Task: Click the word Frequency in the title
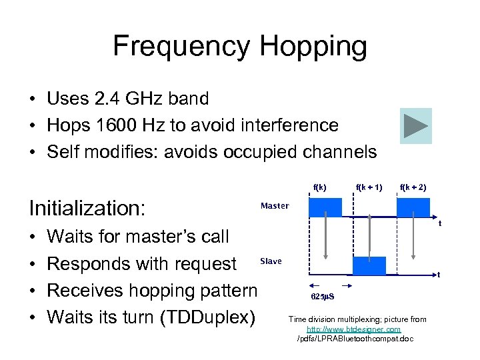(181, 47)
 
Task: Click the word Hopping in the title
(313, 47)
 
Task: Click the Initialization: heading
(87, 208)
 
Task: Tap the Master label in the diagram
(275, 206)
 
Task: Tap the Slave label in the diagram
(271, 261)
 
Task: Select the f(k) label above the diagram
(321, 187)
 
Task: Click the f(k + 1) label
(369, 187)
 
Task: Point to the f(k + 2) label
(413, 187)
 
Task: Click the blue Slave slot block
(369, 265)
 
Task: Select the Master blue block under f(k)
(325, 207)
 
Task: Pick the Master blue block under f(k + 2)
(413, 207)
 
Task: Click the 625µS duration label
(323, 296)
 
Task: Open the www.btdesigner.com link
(353, 329)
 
